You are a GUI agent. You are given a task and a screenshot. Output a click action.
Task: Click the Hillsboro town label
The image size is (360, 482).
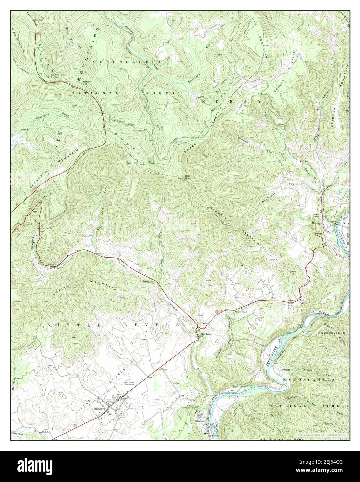coord(100,409)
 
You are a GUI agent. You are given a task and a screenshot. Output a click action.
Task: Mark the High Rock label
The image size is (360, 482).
coord(132,163)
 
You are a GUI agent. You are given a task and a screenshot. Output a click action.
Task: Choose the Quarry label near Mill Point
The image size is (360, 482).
coord(199,316)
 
